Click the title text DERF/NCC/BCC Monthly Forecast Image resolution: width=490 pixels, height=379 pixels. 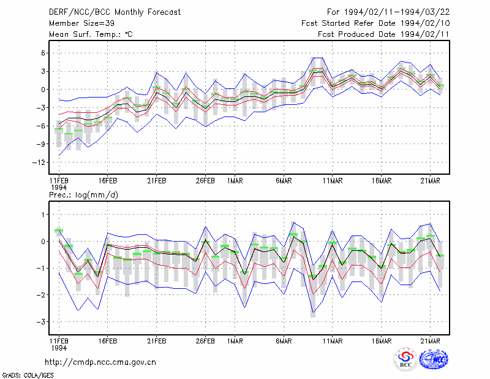click(x=115, y=12)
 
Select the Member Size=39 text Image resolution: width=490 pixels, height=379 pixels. click(x=81, y=23)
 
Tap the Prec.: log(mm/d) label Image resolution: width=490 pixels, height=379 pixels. click(x=83, y=195)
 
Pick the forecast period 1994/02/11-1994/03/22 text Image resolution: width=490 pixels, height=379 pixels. click(x=397, y=12)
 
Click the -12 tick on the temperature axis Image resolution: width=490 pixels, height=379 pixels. click(x=39, y=163)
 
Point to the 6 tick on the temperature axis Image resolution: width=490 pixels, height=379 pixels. click(x=43, y=53)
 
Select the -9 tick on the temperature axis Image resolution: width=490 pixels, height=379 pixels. click(x=40, y=144)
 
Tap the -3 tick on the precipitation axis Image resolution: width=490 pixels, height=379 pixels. click(x=40, y=322)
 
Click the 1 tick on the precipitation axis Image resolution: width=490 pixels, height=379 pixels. click(x=43, y=215)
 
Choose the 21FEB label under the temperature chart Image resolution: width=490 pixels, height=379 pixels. click(x=157, y=181)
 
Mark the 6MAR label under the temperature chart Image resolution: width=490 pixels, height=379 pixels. click(x=284, y=181)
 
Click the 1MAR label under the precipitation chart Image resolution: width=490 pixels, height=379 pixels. click(x=235, y=341)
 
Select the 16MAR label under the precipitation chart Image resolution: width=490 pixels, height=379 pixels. click(x=381, y=341)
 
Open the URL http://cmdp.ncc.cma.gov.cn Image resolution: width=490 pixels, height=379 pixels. click(x=100, y=362)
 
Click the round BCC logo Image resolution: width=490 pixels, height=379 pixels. click(x=405, y=359)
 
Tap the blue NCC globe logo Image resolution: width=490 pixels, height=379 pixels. click(x=434, y=359)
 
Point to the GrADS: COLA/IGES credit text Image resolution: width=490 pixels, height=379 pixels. click(x=28, y=375)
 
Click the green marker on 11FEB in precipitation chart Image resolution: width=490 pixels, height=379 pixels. click(x=59, y=231)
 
